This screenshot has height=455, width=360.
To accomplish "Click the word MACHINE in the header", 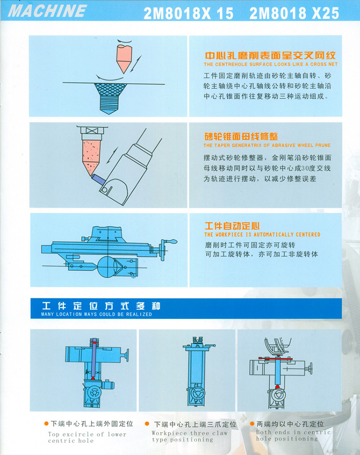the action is [47, 11].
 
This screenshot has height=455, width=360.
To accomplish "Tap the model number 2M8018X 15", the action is [189, 13].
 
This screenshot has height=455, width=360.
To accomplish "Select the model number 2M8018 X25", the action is [294, 13].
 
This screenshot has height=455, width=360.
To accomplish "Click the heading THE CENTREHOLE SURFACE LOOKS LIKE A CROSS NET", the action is [270, 64].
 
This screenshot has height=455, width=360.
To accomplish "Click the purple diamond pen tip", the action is [97, 179].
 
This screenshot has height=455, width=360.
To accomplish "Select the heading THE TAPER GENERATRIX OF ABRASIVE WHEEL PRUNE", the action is [267, 145].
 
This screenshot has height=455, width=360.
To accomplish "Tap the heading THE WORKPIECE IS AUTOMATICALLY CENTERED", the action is [262, 234].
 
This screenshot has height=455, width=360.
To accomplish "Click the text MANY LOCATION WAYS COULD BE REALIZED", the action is [97, 314].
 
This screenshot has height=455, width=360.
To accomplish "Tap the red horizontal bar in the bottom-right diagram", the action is [275, 359].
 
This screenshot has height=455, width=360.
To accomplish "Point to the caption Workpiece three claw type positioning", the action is [189, 437].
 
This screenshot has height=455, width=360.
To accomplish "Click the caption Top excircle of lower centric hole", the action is [87, 437].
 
